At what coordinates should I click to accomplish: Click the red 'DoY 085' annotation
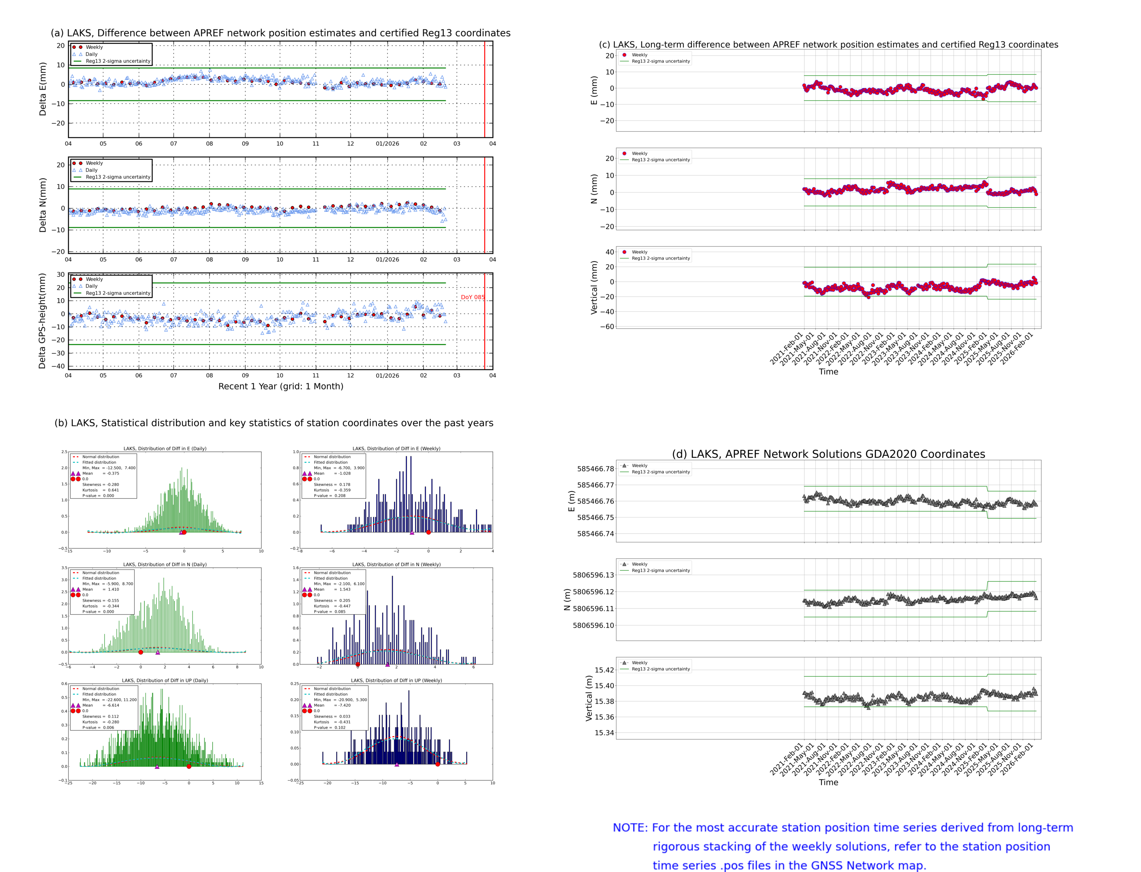472,297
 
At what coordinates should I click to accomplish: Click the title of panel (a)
280,33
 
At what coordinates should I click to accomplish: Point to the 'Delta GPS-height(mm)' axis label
43,321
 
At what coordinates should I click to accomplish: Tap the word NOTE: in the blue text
630,828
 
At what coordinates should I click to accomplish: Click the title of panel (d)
828,454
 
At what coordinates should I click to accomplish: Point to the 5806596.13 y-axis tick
593,575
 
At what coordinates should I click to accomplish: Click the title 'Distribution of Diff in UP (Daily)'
165,680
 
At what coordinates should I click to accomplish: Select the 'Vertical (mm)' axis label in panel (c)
594,287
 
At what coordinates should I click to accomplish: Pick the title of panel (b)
273,423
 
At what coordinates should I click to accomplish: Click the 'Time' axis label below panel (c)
828,372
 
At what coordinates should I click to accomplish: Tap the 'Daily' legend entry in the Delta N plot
91,170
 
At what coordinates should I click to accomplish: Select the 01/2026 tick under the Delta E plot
387,144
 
